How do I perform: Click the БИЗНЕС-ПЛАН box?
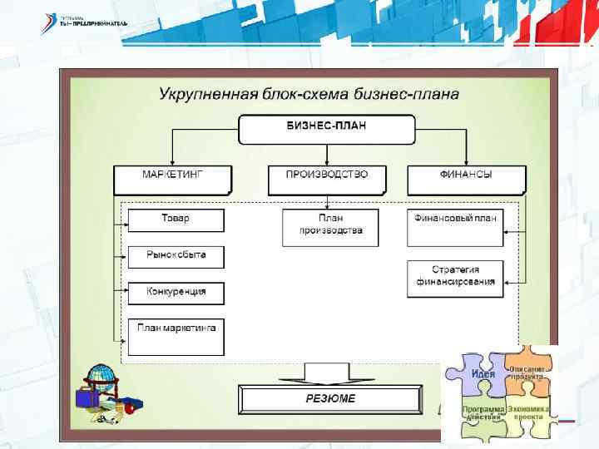pyautogui.click(x=327, y=128)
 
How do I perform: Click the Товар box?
pyautogui.click(x=176, y=220)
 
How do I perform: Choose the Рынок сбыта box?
pyautogui.click(x=176, y=256)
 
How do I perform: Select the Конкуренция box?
pyautogui.click(x=176, y=293)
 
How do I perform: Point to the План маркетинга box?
pyautogui.click(x=176, y=336)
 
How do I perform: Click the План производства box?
pyautogui.click(x=330, y=226)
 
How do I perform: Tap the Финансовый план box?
pyautogui.click(x=455, y=226)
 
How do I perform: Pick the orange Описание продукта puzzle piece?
pyautogui.click(x=527, y=374)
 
